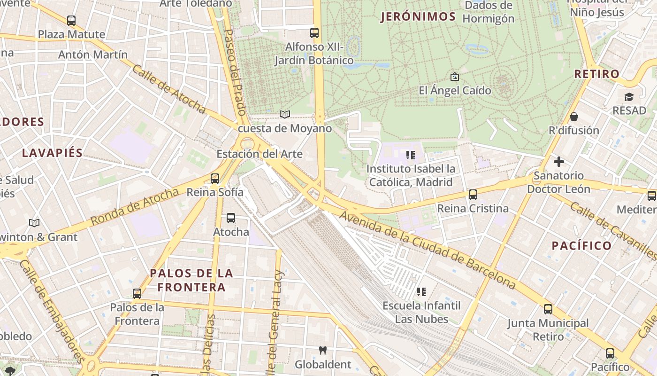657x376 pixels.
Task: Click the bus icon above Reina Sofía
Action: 215,179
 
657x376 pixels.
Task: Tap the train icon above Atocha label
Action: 231,218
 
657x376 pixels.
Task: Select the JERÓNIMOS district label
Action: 418,17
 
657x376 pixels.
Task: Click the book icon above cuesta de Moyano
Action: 285,114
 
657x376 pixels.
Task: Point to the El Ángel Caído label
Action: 455,90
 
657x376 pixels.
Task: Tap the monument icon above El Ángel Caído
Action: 454,77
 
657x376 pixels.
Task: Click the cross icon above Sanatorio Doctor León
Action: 558,162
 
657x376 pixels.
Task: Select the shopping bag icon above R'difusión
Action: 573,117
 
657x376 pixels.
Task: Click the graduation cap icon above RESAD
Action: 629,97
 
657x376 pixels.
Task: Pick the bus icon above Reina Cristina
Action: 473,195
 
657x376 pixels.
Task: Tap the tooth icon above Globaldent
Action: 322,350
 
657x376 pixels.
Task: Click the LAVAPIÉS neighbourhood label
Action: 52,153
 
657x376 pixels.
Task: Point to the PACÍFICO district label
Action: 581,245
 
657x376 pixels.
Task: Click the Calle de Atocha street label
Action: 169,89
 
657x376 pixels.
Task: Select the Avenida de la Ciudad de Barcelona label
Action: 427,249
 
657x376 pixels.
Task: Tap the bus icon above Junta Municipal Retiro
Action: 548,309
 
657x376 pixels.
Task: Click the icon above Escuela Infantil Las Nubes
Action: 421,292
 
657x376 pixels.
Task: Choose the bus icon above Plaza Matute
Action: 71,21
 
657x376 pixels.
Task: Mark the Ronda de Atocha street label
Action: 135,206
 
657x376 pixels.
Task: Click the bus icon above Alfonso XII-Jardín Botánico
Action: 314,33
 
